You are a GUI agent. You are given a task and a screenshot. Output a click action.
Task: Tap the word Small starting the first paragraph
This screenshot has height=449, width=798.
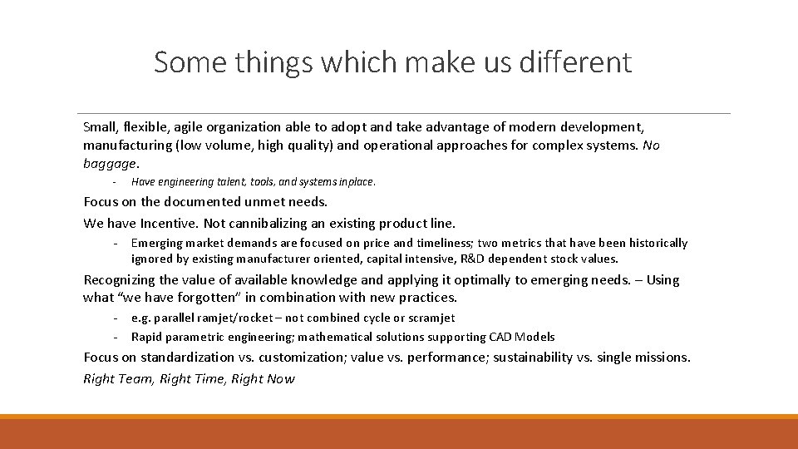point(101,127)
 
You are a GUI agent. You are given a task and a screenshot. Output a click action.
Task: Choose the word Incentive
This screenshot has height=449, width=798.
point(170,223)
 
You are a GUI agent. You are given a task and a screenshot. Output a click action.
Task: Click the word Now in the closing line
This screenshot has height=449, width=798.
point(281,379)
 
